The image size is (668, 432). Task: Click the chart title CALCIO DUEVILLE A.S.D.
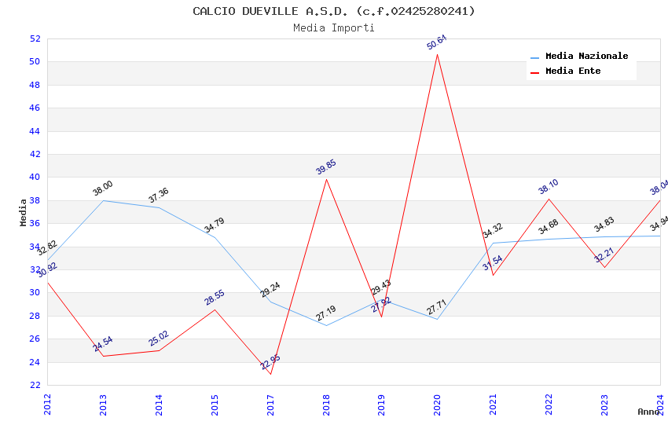[334, 11]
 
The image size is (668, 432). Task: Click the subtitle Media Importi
[334, 27]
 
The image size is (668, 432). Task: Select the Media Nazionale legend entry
[586, 57]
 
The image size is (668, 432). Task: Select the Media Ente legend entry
[573, 71]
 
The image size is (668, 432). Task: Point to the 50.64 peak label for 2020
[437, 42]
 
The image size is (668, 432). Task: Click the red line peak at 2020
[438, 54]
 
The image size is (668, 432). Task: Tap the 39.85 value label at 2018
[326, 167]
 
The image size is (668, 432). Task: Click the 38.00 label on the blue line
[103, 189]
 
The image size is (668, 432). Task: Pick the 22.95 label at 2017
[270, 362]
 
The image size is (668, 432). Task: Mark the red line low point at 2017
[270, 374]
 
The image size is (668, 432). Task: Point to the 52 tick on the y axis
[35, 38]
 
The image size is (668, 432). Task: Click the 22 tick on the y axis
[35, 385]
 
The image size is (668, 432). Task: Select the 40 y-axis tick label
[35, 177]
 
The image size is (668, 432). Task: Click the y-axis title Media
[23, 212]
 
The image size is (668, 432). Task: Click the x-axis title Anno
[648, 412]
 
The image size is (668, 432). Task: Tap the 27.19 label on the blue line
[326, 313]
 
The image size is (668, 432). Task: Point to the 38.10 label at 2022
[549, 186]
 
